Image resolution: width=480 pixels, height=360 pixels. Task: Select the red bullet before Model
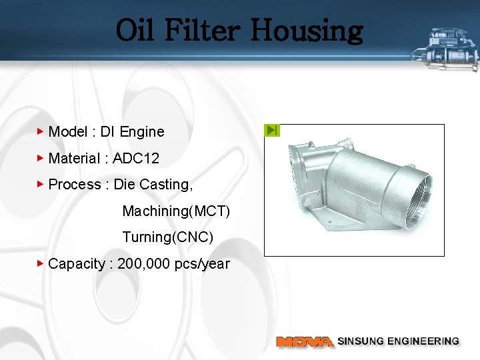click(x=41, y=131)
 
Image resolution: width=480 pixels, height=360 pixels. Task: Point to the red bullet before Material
click(x=41, y=158)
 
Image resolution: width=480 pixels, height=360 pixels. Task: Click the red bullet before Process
click(x=41, y=184)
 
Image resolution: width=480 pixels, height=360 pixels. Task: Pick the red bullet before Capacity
click(x=41, y=263)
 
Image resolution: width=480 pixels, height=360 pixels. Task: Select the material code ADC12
click(x=136, y=159)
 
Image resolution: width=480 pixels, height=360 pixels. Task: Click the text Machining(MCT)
click(x=176, y=211)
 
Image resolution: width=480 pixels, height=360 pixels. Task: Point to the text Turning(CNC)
click(x=167, y=237)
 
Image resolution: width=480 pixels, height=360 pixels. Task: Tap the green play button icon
click(x=272, y=130)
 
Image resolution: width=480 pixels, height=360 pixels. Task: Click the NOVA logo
click(x=305, y=341)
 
